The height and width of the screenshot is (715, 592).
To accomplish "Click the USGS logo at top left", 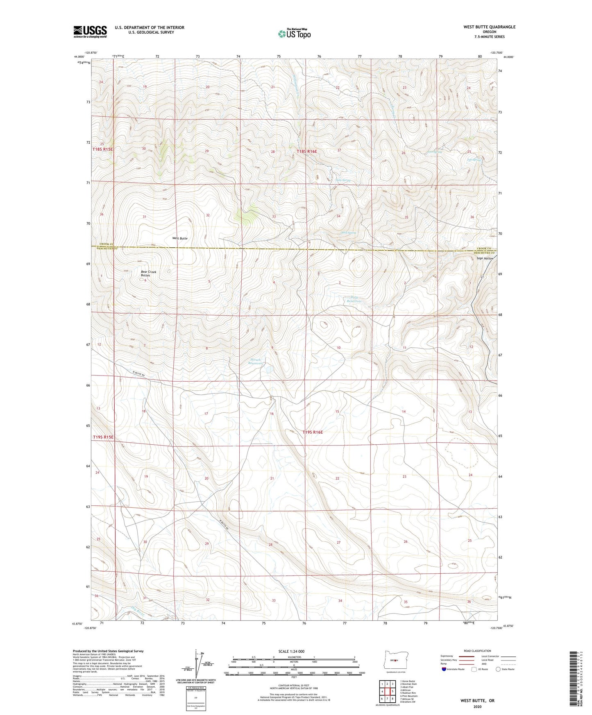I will tap(90, 31).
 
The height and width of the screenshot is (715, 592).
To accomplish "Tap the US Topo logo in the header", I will tap(294, 34).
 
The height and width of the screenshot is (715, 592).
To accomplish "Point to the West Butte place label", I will tap(180, 238).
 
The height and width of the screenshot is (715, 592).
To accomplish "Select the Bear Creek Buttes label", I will tap(148, 274).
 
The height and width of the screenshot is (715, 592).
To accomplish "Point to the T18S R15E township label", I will tap(102, 149).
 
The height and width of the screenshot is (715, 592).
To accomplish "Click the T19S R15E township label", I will tap(102, 437).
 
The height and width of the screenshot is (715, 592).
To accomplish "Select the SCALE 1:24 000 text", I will tap(291, 651).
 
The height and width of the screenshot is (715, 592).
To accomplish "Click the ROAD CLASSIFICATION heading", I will tap(477, 651).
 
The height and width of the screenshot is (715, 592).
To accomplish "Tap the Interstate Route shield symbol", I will tap(445, 669).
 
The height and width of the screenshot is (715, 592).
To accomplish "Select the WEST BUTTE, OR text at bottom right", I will tap(477, 701).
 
